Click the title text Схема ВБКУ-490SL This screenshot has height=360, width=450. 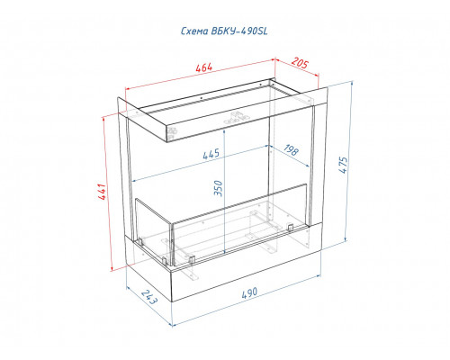[224, 31]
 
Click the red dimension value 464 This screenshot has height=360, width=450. [203, 67]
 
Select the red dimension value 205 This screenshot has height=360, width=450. [300, 63]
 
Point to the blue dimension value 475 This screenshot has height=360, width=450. [343, 165]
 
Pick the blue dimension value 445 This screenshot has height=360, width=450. [211, 154]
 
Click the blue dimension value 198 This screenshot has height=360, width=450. [291, 150]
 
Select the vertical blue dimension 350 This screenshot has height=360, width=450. [219, 188]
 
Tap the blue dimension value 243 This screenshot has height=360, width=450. [149, 297]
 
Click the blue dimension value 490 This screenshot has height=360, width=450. [249, 292]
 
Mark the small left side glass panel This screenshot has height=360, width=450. [153, 230]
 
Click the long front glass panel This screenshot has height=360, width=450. [239, 224]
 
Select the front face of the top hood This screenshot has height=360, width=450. [241, 121]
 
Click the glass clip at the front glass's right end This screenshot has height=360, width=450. [290, 228]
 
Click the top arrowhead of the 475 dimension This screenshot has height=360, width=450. [352, 84]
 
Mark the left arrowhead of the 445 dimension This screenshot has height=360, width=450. [135, 181]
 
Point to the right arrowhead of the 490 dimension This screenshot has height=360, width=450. [318, 275]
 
